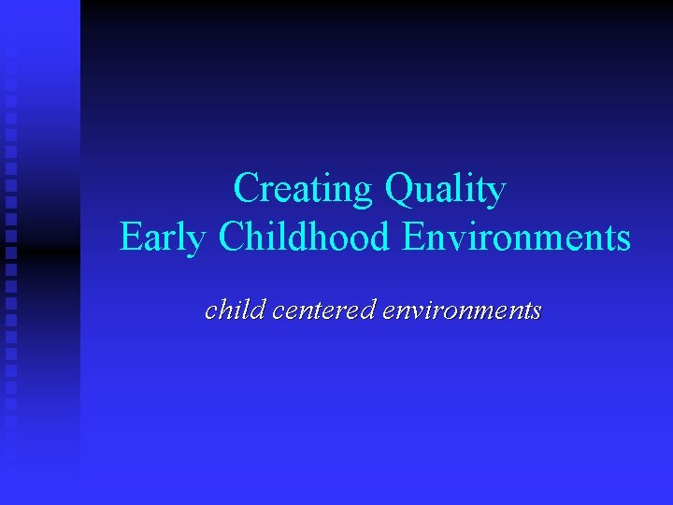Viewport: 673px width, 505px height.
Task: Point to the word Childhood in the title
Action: pos(304,237)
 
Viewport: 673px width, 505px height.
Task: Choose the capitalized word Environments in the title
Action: pos(516,237)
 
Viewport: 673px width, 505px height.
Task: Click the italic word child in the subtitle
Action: pos(236,310)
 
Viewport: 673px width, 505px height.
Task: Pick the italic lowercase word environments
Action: pos(462,310)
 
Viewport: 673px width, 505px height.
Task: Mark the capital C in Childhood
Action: pos(231,237)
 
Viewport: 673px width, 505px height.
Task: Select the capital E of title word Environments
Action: pos(412,237)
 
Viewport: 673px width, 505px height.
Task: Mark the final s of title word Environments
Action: pos(623,240)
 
